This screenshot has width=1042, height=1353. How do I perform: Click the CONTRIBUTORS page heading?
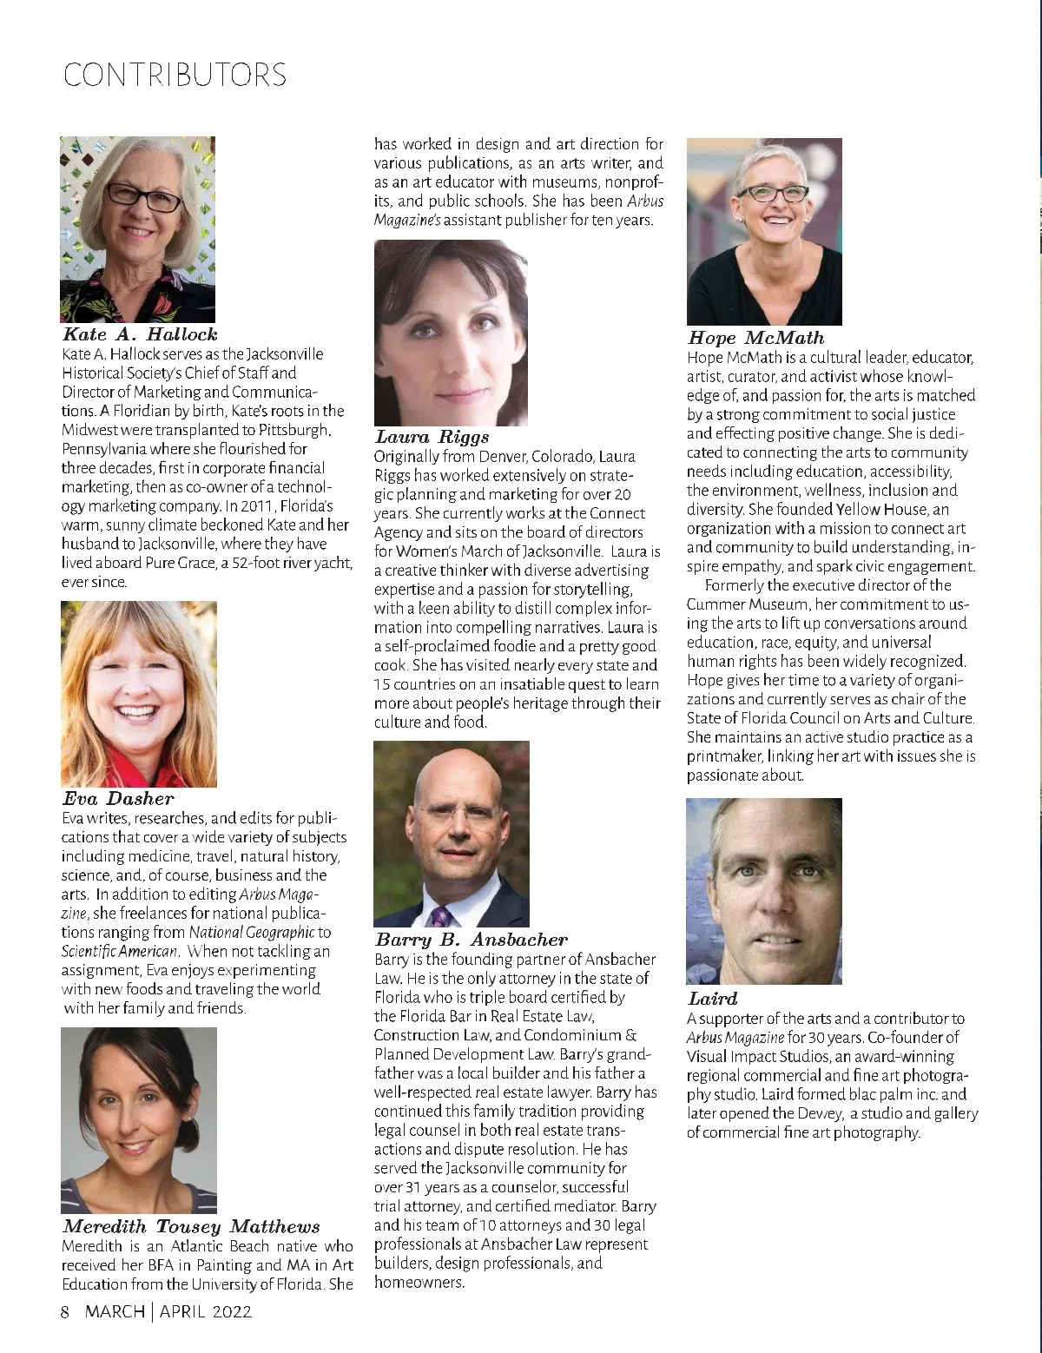(175, 75)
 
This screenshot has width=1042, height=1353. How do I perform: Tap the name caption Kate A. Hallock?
(140, 334)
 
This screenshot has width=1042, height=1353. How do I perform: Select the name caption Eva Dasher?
(118, 799)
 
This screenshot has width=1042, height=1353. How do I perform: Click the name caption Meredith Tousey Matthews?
(191, 1227)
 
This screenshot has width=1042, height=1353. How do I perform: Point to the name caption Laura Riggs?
(432, 437)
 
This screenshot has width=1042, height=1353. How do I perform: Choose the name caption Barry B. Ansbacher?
(471, 940)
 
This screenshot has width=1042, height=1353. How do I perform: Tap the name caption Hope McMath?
(755, 338)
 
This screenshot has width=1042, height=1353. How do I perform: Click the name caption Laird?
(712, 999)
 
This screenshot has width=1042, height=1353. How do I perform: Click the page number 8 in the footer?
(64, 1311)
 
